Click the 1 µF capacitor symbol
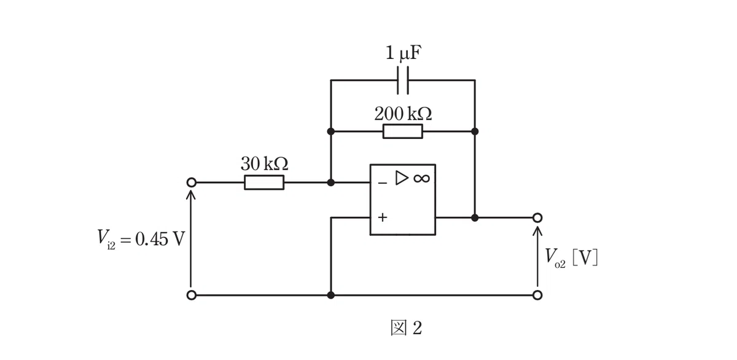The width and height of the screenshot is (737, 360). pos(403,80)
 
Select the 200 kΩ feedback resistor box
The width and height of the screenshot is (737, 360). pos(403,131)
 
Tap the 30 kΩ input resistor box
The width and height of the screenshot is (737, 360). pos(264,182)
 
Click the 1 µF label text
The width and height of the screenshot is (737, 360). pos(404,53)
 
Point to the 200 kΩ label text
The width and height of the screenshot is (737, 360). pos(403,114)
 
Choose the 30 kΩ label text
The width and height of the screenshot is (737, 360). pos(265,163)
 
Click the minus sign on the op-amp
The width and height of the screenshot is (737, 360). pos(382,182)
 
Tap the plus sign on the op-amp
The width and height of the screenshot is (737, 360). pos(382,217)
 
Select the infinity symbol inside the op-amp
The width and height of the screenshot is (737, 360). pos(422,178)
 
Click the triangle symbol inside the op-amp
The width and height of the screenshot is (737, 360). pos(402,178)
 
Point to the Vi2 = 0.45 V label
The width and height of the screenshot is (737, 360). pos(141,238)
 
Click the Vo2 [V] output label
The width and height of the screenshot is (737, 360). pos(571,257)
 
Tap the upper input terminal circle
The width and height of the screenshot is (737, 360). pos(192,182)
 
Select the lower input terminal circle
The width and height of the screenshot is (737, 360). pos(192,295)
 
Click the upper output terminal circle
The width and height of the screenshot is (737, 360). pos(537,217)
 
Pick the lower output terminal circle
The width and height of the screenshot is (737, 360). pos(537,295)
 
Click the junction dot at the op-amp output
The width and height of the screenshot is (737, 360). pos(475,217)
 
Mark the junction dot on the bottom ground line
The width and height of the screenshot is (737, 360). pos(331,295)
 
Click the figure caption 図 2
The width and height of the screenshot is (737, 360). pos(406,328)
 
